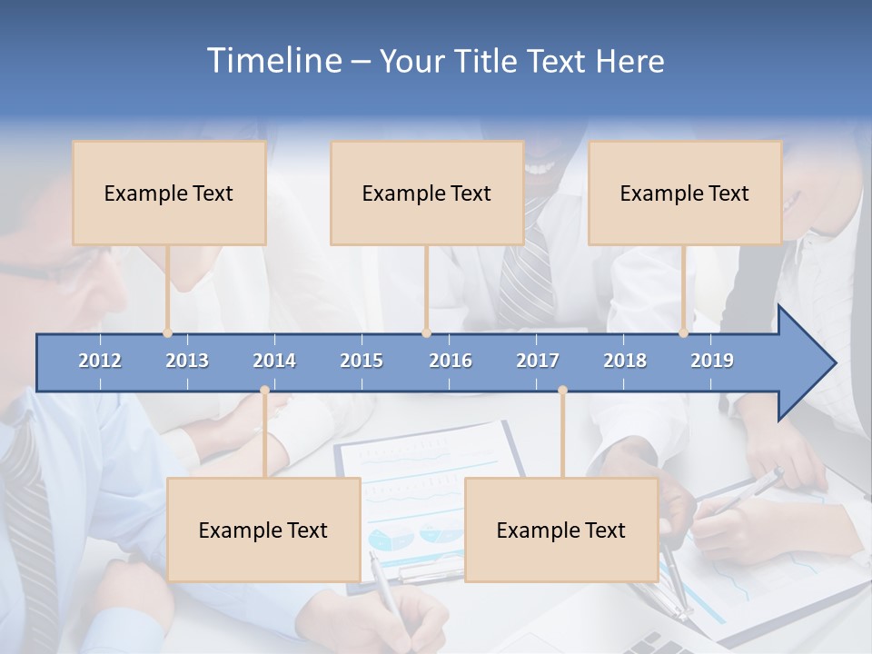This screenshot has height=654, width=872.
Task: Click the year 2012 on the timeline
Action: coord(100,361)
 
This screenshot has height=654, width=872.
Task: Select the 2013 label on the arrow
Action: coord(187,361)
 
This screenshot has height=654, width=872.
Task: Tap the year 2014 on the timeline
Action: coord(274,361)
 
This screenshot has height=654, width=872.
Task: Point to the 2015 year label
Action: coord(362,361)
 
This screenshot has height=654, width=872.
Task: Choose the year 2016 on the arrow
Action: coord(451,361)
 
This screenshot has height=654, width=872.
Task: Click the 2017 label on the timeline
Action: coord(538,361)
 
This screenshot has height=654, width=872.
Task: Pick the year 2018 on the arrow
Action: coord(625,361)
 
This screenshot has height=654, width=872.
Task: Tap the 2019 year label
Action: coord(712,361)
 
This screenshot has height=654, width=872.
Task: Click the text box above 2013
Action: coord(169,193)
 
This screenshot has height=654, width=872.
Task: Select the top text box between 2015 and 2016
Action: coord(427,193)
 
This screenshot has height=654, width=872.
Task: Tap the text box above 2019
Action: coord(685,193)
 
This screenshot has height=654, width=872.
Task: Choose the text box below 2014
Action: coord(263,530)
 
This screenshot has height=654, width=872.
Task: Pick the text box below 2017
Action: coord(561,530)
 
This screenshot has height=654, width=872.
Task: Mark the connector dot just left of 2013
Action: coord(168,333)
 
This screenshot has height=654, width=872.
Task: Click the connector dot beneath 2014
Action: coord(264,390)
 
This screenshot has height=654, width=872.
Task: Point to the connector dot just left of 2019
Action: coord(684,333)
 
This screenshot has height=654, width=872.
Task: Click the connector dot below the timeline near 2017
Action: coord(562,390)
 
